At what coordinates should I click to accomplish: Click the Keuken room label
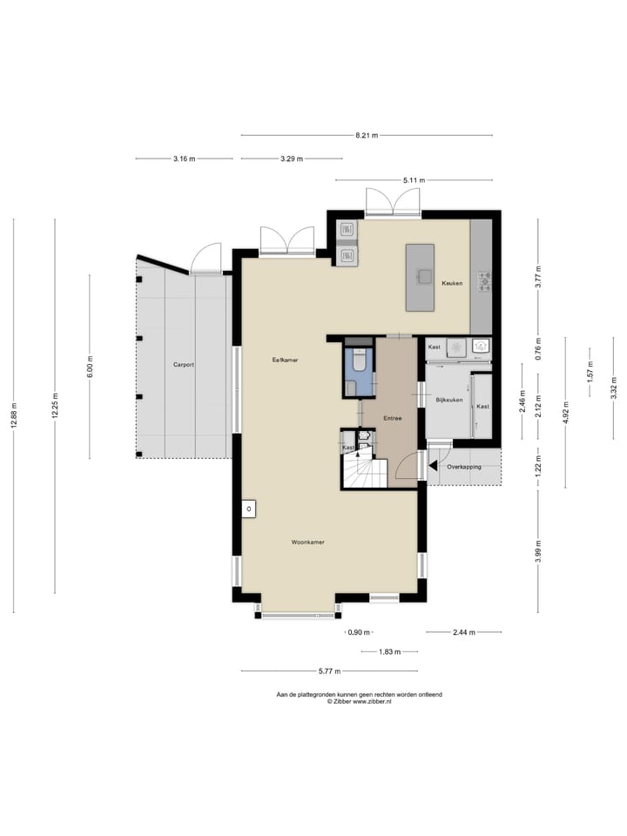451,284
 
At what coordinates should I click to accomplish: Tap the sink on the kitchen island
424,277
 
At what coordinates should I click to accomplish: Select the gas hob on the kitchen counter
482,280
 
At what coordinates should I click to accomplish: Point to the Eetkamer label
285,360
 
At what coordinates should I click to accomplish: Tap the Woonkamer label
308,542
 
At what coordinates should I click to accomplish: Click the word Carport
183,365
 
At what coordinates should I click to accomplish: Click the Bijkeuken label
449,400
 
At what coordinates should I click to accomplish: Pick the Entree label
392,419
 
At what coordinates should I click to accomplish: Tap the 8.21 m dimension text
366,135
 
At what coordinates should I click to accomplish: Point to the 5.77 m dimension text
328,671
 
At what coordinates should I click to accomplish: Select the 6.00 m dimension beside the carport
90,367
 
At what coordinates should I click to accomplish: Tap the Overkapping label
464,467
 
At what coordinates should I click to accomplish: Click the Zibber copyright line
359,701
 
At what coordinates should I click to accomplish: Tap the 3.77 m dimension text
538,277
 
